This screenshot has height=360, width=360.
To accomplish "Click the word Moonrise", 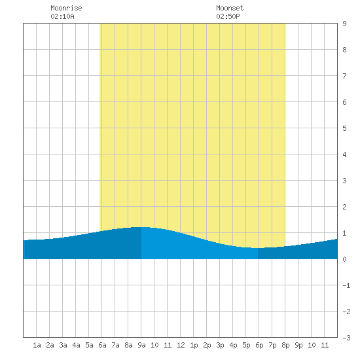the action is [66, 8].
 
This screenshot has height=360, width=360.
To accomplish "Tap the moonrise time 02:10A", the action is [62, 16].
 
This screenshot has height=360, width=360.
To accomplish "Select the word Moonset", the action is [230, 8].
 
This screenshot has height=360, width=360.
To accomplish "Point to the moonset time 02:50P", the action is [228, 16].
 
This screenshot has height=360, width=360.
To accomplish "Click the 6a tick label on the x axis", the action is [102, 345].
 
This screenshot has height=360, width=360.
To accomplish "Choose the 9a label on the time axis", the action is [141, 345].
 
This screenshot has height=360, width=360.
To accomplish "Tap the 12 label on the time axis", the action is [181, 345].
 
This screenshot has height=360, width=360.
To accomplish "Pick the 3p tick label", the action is [220, 345].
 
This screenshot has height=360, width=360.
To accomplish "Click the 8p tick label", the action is [285, 345].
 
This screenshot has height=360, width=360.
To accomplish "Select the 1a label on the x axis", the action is [37, 345].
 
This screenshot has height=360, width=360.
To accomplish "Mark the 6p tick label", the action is [259, 345].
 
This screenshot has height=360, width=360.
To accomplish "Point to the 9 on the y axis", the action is [344, 24].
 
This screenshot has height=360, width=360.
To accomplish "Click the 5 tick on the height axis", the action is [344, 128].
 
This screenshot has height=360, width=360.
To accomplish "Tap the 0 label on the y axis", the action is [344, 259].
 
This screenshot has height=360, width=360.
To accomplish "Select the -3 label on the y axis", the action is [346, 338].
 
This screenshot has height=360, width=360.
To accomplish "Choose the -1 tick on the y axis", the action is [346, 285].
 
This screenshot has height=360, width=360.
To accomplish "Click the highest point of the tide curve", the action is [141, 227].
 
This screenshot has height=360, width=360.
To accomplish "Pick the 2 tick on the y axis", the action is [344, 207].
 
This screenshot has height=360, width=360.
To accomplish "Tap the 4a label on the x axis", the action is [76, 345].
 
